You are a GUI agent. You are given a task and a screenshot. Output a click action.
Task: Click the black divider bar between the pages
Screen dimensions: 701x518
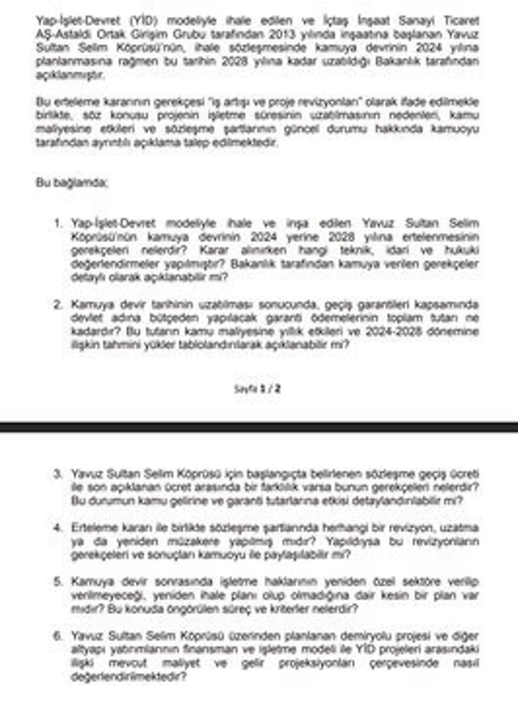259,425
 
